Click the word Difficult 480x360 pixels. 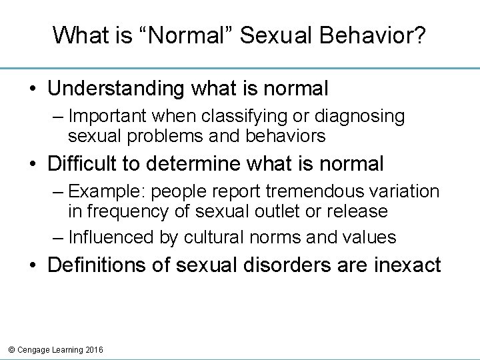pyautogui.click(x=87, y=163)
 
